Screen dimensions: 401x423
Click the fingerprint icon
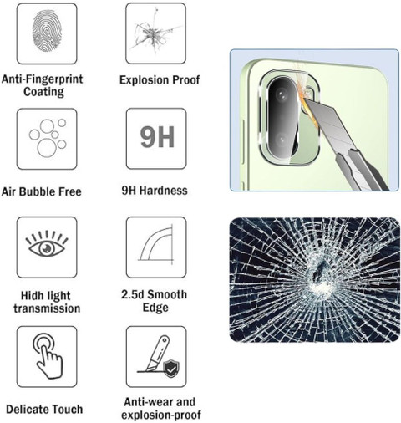click(x=47, y=30)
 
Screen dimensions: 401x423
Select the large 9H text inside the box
click(x=157, y=137)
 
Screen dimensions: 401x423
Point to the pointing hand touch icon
click(x=48, y=356)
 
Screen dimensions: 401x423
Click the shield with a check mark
click(x=171, y=368)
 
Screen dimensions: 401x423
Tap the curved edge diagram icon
click(x=156, y=245)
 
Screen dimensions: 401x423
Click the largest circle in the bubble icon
click(x=47, y=148)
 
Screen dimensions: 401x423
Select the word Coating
click(x=43, y=92)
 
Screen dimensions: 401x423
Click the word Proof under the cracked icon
click(x=185, y=80)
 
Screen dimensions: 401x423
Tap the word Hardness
click(x=163, y=191)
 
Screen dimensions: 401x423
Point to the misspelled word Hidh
click(x=32, y=295)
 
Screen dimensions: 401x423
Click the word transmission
click(x=47, y=308)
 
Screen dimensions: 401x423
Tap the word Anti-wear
click(x=145, y=402)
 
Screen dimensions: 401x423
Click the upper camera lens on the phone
click(x=282, y=95)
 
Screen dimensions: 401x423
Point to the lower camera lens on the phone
click(x=282, y=140)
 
